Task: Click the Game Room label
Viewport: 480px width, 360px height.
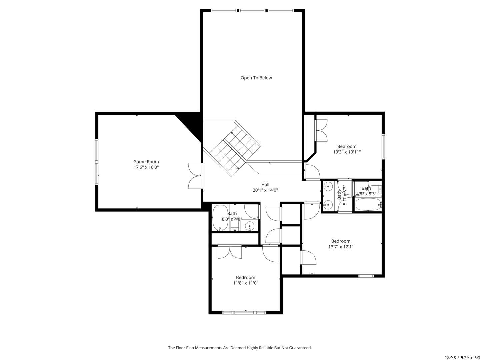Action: [146, 162]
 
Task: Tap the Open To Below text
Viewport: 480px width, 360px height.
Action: [256, 78]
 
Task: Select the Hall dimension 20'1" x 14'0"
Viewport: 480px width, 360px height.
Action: [265, 190]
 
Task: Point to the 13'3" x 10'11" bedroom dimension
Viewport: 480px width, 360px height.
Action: [347, 152]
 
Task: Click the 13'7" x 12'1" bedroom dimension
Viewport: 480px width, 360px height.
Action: [341, 247]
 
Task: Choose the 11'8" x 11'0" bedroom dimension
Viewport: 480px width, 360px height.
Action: [245, 283]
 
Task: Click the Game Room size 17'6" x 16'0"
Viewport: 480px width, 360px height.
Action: [146, 167]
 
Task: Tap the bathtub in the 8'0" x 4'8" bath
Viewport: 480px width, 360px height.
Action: [220, 217]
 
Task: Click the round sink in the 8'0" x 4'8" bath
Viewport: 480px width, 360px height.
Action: [249, 225]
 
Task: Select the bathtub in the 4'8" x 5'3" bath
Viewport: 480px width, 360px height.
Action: [368, 204]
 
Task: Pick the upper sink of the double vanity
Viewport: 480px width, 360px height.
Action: [328, 187]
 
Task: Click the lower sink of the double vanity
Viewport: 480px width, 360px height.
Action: [328, 205]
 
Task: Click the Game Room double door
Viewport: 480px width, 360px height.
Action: [195, 176]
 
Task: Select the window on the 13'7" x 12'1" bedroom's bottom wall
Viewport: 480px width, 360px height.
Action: [366, 276]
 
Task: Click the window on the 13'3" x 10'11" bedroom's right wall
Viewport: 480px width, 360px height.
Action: [383, 147]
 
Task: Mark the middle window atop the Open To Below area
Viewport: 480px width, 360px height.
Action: [252, 10]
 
